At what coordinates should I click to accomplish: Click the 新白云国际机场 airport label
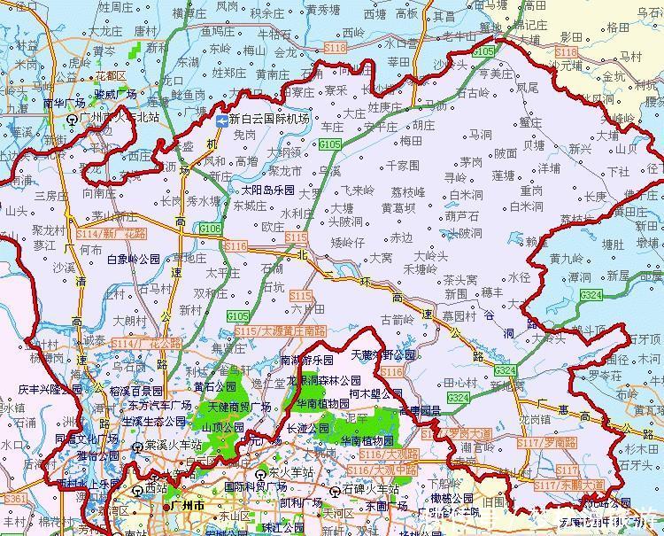click(269, 119)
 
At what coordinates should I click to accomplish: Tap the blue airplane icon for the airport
click(221, 120)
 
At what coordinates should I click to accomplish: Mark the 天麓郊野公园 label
click(382, 355)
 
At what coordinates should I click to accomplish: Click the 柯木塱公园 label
click(377, 392)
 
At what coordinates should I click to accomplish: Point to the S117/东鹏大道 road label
click(572, 486)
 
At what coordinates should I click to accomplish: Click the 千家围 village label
click(400, 166)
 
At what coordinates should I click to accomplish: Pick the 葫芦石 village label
click(462, 215)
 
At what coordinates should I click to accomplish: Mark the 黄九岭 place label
click(567, 259)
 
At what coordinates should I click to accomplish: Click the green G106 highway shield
click(210, 229)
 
